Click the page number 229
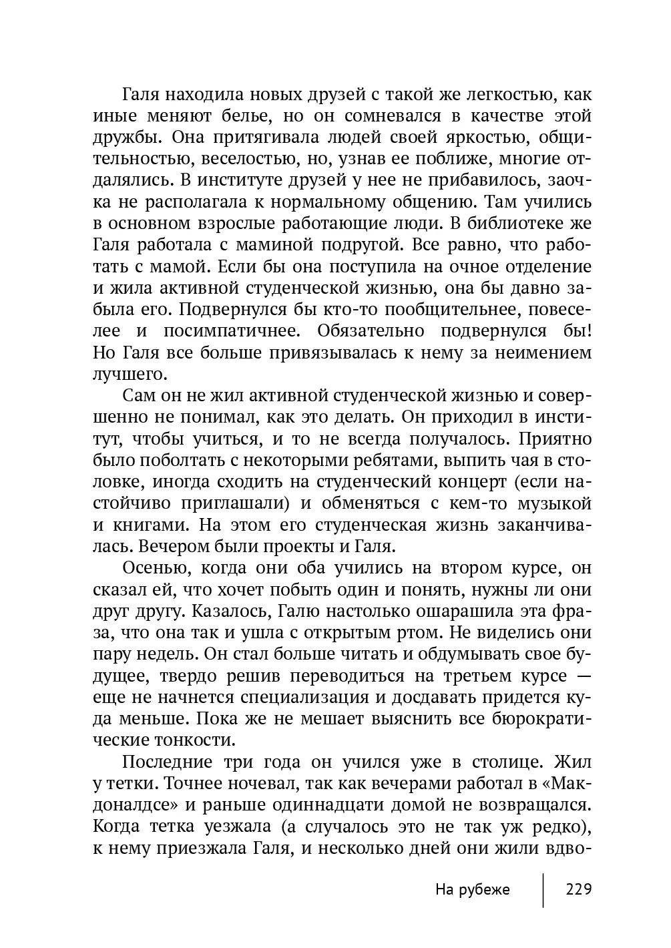coord(579,890)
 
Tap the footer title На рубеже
coord(472,890)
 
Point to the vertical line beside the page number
coord(543,890)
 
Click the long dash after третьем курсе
coord(582,676)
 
